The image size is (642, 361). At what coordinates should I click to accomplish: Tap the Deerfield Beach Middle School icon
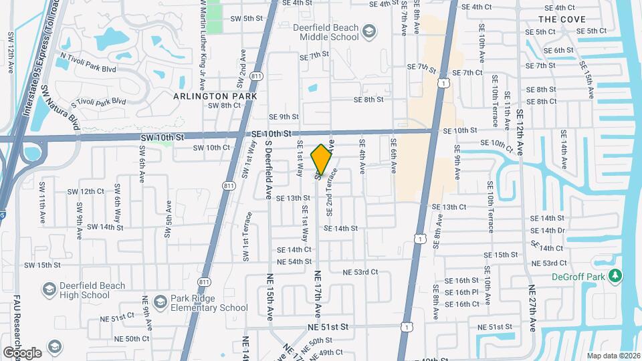pos(368,31)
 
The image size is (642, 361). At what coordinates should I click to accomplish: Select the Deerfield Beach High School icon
pos(49,289)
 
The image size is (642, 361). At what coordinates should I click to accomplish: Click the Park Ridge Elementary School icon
pos(160,303)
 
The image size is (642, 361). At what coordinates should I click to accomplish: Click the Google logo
pos(21,352)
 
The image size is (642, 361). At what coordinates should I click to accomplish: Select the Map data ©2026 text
pos(613,356)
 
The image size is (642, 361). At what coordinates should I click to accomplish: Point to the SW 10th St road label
pos(162,137)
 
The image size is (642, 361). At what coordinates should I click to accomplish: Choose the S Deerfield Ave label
pos(268,171)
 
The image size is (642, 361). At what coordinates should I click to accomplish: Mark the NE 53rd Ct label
pos(361,272)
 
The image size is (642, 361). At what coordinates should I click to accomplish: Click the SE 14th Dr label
pos(548,231)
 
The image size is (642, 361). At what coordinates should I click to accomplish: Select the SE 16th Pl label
pos(461,292)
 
